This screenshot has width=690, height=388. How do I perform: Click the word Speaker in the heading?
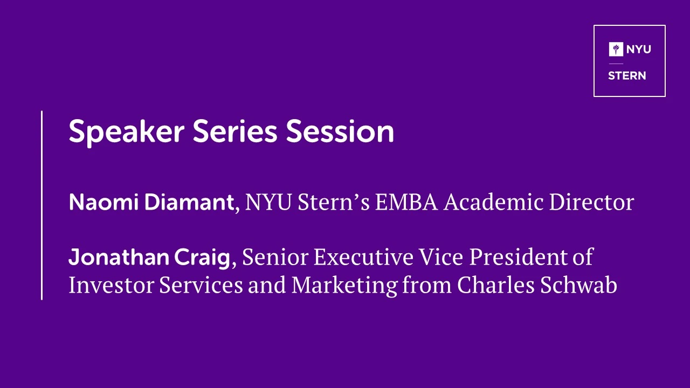(127, 131)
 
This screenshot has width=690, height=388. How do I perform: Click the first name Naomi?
(103, 202)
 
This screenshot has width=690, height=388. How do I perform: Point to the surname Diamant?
(189, 202)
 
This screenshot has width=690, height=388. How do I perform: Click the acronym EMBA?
(406, 202)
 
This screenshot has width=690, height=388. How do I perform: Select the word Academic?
(493, 202)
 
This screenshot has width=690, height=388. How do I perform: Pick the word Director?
(592, 202)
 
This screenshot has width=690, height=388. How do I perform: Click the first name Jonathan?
(119, 257)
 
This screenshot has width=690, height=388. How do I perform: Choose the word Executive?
(363, 257)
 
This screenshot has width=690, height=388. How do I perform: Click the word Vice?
(441, 257)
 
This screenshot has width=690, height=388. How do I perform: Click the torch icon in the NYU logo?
(616, 49)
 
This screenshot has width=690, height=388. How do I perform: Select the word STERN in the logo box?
(627, 76)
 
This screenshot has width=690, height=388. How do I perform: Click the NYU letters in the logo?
(639, 49)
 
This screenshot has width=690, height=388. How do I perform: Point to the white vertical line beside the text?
(42, 205)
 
